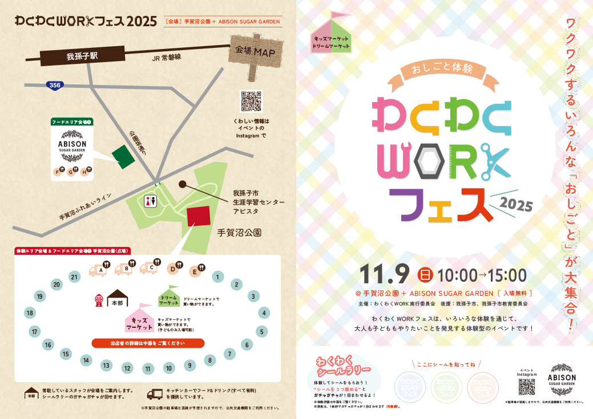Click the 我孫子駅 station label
[x=82, y=56]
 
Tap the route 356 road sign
[x=55, y=85]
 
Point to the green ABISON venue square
[x=123, y=157]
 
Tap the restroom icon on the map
[x=151, y=202]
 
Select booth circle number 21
[x=74, y=277]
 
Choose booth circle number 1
[x=217, y=277]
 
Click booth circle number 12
[x=127, y=368]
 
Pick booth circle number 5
[x=261, y=331]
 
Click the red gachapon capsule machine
[x=98, y=300]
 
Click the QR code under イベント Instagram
[x=527, y=386]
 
